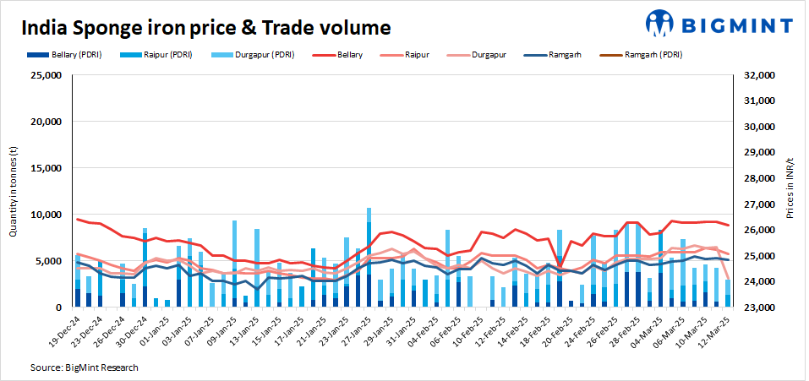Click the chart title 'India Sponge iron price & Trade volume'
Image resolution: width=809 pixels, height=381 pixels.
point(206,28)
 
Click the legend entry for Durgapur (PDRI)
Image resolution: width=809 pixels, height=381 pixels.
point(261,55)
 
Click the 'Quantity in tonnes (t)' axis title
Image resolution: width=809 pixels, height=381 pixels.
point(14,191)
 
